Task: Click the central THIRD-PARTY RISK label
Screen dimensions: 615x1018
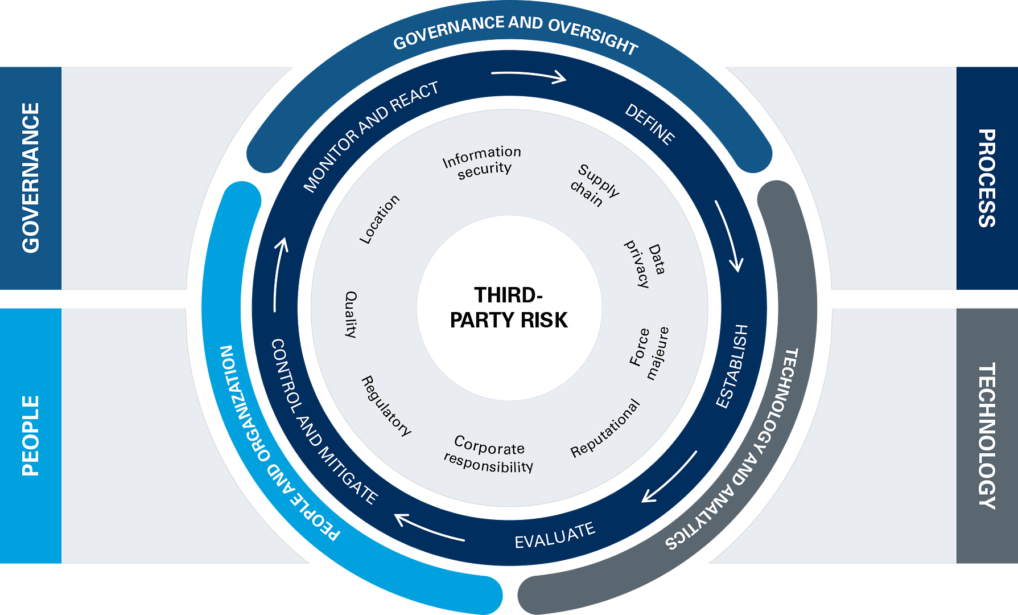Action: (509, 308)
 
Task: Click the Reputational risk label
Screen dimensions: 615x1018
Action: (605, 428)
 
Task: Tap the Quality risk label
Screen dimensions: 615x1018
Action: (351, 314)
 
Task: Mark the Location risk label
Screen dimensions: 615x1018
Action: (379, 220)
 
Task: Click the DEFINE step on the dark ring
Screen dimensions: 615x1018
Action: (650, 125)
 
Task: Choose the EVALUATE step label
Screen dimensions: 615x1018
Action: (555, 536)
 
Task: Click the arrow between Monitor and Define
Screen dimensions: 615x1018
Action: (529, 76)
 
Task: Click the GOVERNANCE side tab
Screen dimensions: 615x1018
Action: (31, 178)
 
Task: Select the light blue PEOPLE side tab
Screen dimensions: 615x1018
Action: (31, 436)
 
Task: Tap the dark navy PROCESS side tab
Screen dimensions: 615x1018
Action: (987, 178)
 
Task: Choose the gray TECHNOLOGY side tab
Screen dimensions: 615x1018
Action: (987, 436)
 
